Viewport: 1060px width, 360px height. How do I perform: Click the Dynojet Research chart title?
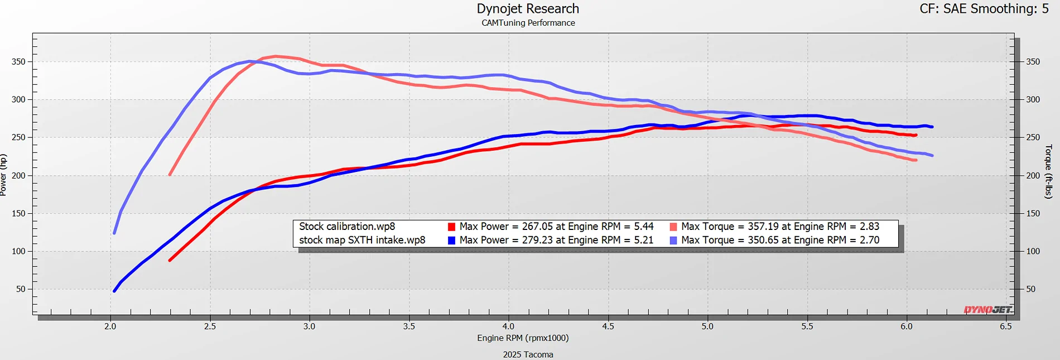pos(528,9)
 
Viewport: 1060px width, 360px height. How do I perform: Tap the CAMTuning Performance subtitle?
pos(528,23)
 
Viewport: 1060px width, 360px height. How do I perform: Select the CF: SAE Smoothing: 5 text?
pos(984,9)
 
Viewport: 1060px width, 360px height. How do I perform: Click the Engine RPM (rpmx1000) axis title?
pos(523,338)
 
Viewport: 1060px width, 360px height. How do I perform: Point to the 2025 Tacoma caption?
pos(528,354)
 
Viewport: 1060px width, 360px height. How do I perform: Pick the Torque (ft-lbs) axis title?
pos(1048,171)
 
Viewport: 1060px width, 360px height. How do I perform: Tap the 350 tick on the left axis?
pos(18,62)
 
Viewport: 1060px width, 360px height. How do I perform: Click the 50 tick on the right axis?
pos(1030,289)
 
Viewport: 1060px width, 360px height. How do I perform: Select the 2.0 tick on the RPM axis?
pos(110,327)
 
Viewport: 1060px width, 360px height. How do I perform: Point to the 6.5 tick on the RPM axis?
pos(1005,327)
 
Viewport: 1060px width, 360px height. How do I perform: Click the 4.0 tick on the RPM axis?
pos(508,327)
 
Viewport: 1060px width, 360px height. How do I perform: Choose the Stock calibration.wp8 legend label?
pos(347,227)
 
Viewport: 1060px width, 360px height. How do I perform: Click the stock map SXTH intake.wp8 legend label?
pos(362,241)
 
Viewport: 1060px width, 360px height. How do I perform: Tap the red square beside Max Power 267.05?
pos(451,227)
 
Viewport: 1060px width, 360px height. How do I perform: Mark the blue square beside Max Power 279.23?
pos(451,241)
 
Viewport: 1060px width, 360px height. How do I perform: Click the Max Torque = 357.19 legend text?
pos(780,227)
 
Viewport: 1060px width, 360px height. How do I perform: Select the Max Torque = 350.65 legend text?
pos(780,241)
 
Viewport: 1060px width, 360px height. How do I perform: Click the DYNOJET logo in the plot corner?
pos(987,310)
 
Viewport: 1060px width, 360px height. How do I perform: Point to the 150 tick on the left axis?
pos(18,214)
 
